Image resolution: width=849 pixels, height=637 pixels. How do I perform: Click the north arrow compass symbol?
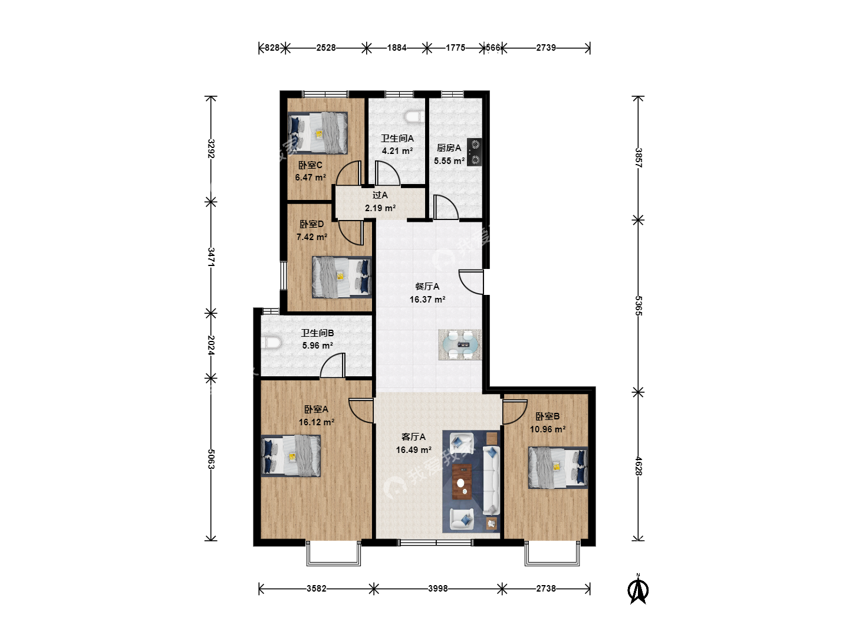click(x=638, y=589)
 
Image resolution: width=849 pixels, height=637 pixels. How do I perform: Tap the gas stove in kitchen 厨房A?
click(x=475, y=152)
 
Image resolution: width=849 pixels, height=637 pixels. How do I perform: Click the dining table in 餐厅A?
click(x=460, y=344)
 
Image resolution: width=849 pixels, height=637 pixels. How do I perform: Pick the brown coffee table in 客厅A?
click(x=462, y=481)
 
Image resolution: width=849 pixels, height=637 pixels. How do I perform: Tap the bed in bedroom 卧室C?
click(x=318, y=133)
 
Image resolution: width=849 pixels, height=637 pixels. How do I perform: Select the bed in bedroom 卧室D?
click(x=342, y=277)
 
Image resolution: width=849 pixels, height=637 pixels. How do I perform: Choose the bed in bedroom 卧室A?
click(x=291, y=456)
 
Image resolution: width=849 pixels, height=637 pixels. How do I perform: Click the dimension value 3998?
click(x=438, y=589)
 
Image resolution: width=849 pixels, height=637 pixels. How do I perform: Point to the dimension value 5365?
click(x=639, y=306)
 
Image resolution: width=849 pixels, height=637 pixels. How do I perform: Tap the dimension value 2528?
click(x=326, y=48)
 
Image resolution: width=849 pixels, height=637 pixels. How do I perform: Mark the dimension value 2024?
click(x=211, y=345)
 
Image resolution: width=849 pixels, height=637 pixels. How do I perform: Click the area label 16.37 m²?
click(x=427, y=300)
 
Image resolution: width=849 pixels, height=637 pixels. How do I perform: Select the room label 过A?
click(x=380, y=195)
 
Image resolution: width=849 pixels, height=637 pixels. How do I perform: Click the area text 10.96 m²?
click(x=548, y=429)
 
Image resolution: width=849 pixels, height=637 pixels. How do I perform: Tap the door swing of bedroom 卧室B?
click(x=515, y=412)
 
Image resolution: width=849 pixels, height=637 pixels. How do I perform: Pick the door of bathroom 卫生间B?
click(x=333, y=365)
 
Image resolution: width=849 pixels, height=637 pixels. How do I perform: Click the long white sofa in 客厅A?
click(x=491, y=480)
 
